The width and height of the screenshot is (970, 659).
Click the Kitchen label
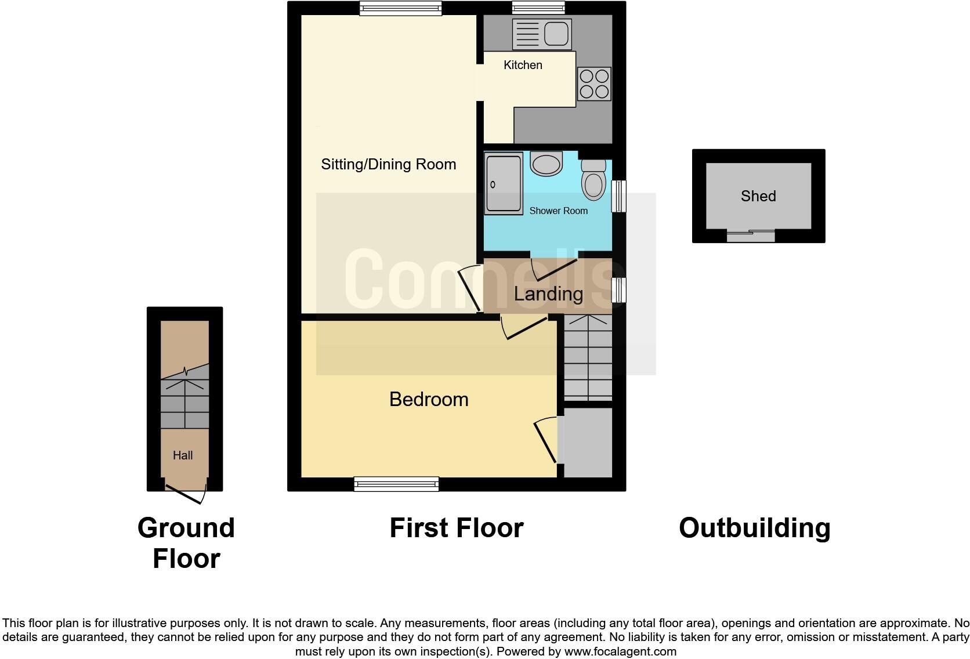pos(523,65)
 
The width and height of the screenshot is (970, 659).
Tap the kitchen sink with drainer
pos(542,34)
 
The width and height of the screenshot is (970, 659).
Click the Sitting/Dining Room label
pos(388,164)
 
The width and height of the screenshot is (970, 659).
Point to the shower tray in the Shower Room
pos(503,183)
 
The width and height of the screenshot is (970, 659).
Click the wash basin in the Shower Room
pos(546,163)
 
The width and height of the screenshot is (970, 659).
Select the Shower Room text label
pos(558,211)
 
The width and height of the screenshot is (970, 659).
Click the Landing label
pos(548,294)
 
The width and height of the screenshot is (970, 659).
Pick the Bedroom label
pos(429,399)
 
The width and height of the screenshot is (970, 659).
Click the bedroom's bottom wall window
pos(396,484)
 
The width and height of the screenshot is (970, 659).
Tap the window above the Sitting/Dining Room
pos(400,8)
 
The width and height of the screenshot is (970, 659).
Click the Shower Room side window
pos(619,196)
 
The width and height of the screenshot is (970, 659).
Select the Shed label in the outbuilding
pos(758,196)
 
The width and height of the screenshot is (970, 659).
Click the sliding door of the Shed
pos(751,236)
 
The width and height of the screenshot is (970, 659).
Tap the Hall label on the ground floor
pos(183,455)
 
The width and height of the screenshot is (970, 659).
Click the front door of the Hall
pos(186,493)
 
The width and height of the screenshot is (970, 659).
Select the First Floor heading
pos(456,528)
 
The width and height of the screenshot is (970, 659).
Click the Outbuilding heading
pos(754,528)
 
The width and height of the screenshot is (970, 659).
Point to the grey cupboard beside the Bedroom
pos(588,443)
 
